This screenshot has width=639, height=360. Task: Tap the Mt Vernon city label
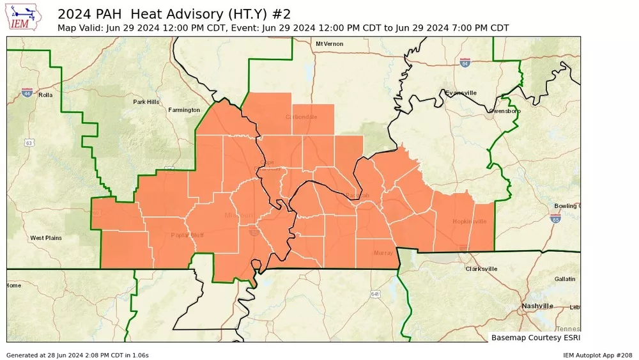point(329,43)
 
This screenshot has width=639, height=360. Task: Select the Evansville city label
point(461,93)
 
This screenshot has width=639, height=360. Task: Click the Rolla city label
point(45,95)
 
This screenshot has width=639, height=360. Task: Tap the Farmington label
point(184,110)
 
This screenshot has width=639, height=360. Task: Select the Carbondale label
point(300,117)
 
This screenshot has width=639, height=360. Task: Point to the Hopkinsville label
point(469,221)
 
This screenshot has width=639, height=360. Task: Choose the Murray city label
point(383,253)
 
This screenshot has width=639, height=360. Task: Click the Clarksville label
point(481,269)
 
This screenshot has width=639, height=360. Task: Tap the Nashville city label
point(537,306)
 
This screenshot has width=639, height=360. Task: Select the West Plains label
point(46,238)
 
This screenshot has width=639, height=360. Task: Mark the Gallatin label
point(565,279)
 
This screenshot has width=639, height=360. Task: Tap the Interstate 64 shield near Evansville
point(465,63)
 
